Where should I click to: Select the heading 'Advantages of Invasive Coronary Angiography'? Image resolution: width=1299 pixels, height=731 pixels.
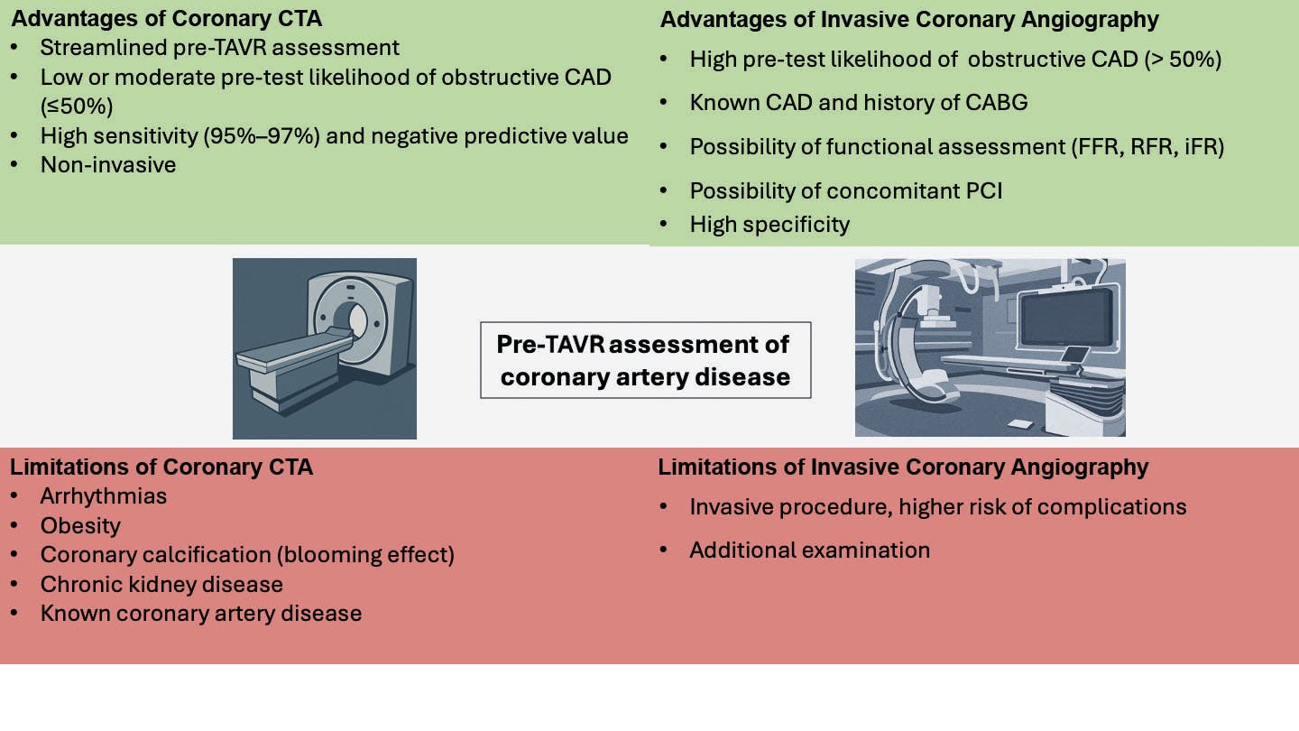click(908, 19)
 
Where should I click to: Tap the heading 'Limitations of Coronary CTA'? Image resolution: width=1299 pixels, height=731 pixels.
click(161, 467)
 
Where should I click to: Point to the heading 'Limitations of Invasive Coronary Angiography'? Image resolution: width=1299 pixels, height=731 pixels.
click(903, 467)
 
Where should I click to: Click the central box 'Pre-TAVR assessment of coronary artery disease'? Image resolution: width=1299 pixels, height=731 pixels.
click(645, 359)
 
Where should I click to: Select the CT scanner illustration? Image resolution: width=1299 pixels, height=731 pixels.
click(325, 348)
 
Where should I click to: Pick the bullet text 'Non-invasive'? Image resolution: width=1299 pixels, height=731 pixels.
click(108, 164)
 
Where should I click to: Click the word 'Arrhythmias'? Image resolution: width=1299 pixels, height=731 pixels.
click(104, 495)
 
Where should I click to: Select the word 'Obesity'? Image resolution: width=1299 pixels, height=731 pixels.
click(80, 525)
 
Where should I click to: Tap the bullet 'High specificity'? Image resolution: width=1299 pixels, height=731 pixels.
click(769, 224)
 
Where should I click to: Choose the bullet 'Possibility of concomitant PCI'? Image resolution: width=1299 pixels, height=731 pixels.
click(846, 190)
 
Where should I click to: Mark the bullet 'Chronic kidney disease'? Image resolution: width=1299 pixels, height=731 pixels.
click(161, 584)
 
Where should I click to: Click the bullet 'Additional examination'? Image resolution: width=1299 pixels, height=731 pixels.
click(809, 550)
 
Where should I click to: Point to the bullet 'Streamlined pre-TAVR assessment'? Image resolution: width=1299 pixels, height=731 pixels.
click(219, 47)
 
